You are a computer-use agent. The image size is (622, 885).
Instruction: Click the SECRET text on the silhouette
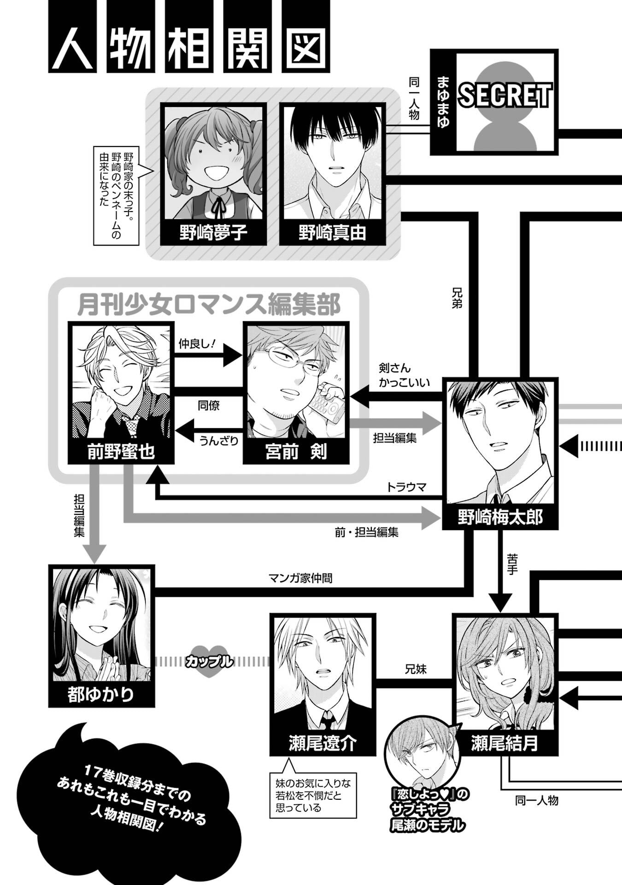pos(505,96)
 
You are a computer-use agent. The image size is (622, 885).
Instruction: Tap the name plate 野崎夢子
pos(213,232)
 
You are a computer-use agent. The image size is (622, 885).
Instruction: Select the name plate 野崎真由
pos(332,232)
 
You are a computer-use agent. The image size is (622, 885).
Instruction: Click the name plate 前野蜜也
pos(121,452)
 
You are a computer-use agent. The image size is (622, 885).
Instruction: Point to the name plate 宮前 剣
pos(296,452)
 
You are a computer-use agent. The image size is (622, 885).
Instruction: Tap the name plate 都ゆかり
pos(101,694)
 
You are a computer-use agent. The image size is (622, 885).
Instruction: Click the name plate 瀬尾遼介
pos(323,743)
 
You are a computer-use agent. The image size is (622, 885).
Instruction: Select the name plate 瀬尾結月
pos(505,743)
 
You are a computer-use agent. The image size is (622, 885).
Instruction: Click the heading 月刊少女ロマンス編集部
pos(209,305)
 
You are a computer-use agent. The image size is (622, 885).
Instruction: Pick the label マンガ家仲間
pos(300,578)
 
